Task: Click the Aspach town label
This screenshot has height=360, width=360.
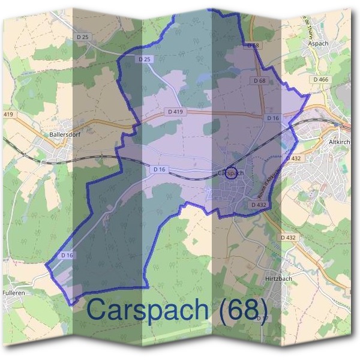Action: pos(318,44)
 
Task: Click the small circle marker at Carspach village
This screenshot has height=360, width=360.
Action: pos(233,172)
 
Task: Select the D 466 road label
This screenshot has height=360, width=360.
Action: pos(320,79)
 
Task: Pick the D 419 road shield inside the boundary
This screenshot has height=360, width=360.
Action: pos(176,112)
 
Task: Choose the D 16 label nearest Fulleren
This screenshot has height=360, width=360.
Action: pos(67,255)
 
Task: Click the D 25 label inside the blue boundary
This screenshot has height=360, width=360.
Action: pos(145,59)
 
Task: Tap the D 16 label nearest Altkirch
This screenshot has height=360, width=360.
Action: pos(273,118)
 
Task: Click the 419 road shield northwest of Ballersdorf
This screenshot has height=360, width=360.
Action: pos(8,114)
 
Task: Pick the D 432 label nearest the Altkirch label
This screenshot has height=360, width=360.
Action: pos(293,158)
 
